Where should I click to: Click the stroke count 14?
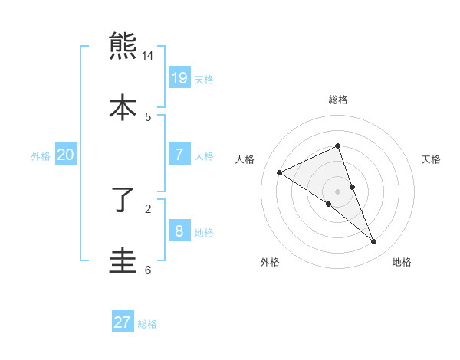pyautogui.click(x=148, y=56)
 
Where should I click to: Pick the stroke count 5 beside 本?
pyautogui.click(x=148, y=116)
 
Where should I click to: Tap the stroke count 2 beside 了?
pyautogui.click(x=148, y=208)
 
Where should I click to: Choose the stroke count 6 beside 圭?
pyautogui.click(x=148, y=270)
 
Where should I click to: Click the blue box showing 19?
pyautogui.click(x=179, y=77)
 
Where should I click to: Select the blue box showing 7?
pyautogui.click(x=179, y=154)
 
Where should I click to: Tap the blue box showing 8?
pyautogui.click(x=179, y=231)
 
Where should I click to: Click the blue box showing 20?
pyautogui.click(x=66, y=154)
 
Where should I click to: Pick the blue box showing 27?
pyautogui.click(x=123, y=322)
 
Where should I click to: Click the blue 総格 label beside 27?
pyautogui.click(x=147, y=324)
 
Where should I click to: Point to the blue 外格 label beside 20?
pyautogui.click(x=41, y=155)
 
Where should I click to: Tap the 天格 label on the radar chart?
pyautogui.click(x=432, y=159)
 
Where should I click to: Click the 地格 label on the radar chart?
pyautogui.click(x=402, y=262)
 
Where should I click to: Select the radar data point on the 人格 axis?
pyautogui.click(x=279, y=172)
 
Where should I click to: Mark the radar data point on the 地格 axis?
pyautogui.click(x=374, y=242)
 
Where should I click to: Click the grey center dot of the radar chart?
pyautogui.click(x=337, y=191)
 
